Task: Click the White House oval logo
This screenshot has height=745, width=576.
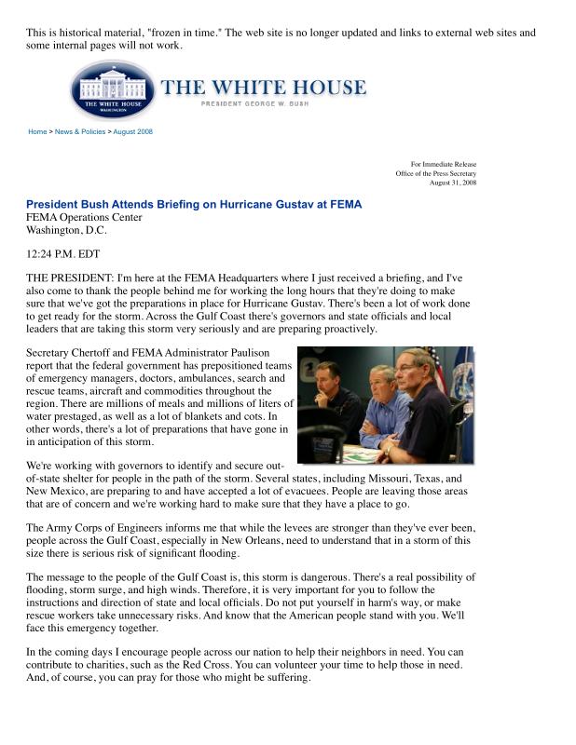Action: (x=115, y=90)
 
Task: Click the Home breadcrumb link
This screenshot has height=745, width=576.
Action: (x=37, y=131)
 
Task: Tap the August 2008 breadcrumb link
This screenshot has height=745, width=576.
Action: (x=132, y=131)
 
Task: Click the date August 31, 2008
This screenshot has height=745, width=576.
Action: (x=453, y=183)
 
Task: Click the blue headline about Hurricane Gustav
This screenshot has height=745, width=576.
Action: (x=193, y=204)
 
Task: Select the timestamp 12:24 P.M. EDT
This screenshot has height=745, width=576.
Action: (x=62, y=253)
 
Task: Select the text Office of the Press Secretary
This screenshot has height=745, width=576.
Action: (x=435, y=173)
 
